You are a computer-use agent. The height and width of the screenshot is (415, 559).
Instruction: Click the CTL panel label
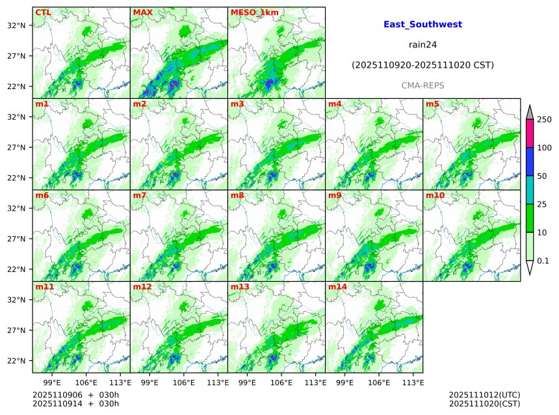44,12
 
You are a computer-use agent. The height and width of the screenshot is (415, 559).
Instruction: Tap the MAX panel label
143,12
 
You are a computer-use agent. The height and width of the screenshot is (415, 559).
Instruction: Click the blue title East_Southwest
422,25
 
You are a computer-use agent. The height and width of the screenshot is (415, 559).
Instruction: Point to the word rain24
422,45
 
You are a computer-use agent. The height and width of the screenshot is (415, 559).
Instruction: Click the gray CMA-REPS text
422,86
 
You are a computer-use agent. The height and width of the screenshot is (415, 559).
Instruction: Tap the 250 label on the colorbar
544,120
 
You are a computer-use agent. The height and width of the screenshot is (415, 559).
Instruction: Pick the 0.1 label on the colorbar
543,261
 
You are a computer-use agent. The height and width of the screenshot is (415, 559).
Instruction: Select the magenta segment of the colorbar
530,133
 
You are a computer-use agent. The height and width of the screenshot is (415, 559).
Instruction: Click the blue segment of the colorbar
530,162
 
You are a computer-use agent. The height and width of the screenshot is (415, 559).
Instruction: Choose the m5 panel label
432,104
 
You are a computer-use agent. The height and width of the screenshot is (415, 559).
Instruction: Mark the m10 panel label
435,195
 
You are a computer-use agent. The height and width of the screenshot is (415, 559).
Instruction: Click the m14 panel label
337,287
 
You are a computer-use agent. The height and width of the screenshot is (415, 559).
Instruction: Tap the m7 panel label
140,195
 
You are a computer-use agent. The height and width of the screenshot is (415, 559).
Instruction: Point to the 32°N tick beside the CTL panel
16,25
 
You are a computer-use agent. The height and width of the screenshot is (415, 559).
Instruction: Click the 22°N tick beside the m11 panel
16,361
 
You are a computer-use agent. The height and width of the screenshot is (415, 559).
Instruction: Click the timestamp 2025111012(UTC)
484,395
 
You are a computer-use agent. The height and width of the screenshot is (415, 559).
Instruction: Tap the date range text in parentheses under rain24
422,65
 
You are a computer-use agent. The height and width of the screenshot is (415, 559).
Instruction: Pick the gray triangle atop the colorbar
530,112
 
